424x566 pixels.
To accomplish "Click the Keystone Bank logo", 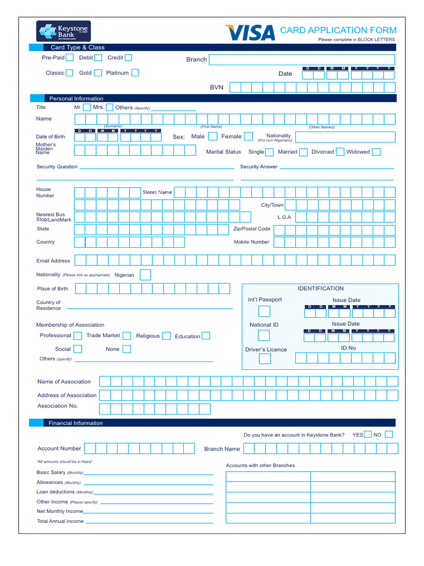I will [x=63, y=31].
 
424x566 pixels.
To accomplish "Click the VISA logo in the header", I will [x=250, y=33].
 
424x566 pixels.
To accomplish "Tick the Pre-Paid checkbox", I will [x=70, y=57].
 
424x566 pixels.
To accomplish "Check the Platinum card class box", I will [x=135, y=72].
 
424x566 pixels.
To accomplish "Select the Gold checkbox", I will [x=98, y=72].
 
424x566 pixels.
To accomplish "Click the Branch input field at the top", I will [x=301, y=60].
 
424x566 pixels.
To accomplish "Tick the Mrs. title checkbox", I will [x=109, y=107].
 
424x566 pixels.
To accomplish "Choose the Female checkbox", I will [x=248, y=137].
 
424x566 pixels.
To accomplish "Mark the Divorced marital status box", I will [x=340, y=152].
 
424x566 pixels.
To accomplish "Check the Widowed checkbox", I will [x=376, y=152].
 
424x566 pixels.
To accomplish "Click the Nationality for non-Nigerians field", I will [x=344, y=137].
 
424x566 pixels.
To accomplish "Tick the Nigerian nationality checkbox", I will [x=145, y=275].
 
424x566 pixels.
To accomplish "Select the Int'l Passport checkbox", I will [x=264, y=311].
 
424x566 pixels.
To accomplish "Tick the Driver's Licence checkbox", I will [x=265, y=359].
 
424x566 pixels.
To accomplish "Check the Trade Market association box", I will [x=127, y=336].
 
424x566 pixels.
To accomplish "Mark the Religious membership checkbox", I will [x=166, y=336].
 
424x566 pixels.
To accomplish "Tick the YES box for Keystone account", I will [x=368, y=434].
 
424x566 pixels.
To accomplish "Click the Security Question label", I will [x=57, y=167].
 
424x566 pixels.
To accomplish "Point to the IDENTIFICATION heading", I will [x=321, y=289].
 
